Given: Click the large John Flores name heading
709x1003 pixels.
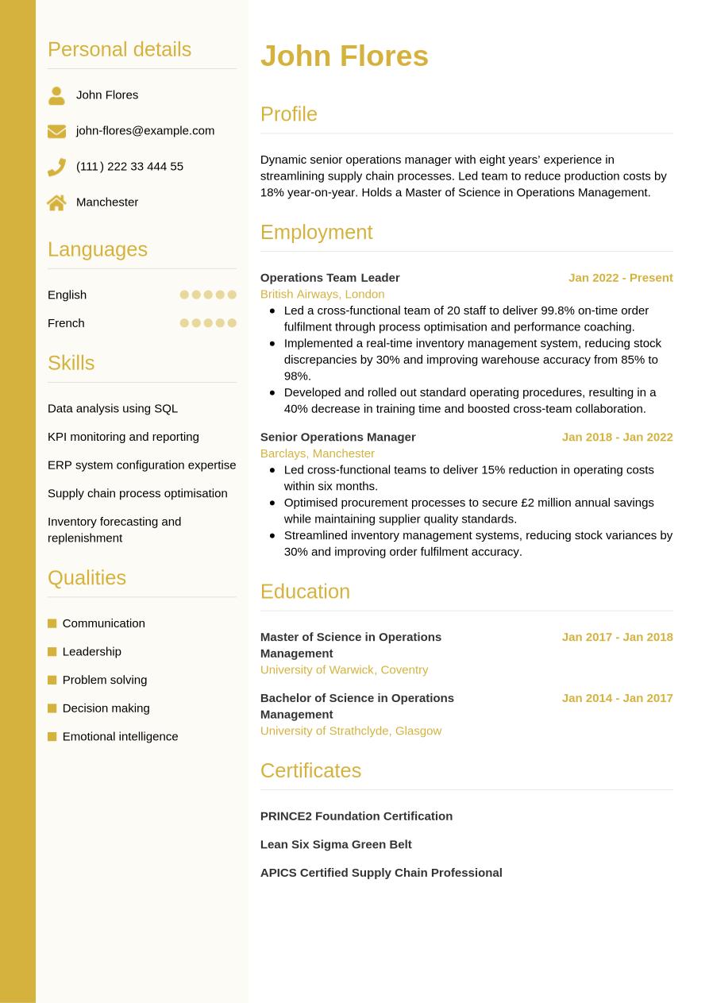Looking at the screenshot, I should [344, 56].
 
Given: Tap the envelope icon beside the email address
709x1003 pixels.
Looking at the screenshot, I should [56, 131].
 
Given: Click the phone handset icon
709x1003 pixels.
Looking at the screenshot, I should [56, 167].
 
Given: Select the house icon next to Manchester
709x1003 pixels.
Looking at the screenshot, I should [56, 203].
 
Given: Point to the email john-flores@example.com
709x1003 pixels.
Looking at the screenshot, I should [145, 130].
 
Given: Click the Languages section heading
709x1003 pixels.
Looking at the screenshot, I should [98, 249].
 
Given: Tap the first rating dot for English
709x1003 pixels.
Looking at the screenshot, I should [184, 295].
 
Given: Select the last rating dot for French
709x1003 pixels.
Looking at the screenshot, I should [232, 323].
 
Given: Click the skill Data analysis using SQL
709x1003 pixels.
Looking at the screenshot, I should [113, 408].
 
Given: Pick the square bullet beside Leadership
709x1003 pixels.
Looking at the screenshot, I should [52, 652].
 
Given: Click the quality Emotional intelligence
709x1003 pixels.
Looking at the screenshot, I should [120, 736].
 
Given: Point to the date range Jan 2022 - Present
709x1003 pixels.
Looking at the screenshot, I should [620, 277].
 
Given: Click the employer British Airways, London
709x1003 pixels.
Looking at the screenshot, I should [322, 294].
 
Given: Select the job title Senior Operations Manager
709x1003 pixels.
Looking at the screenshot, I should [338, 437].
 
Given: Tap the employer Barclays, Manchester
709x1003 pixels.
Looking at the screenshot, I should [318, 453].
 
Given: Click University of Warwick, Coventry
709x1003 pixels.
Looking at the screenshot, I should [344, 669].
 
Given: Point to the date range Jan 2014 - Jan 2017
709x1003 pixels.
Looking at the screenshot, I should [617, 698].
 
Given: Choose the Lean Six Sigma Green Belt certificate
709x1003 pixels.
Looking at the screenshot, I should [336, 844].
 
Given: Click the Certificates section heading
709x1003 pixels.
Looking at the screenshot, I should [310, 770].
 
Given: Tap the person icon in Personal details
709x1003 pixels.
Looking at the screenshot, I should [56, 95].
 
